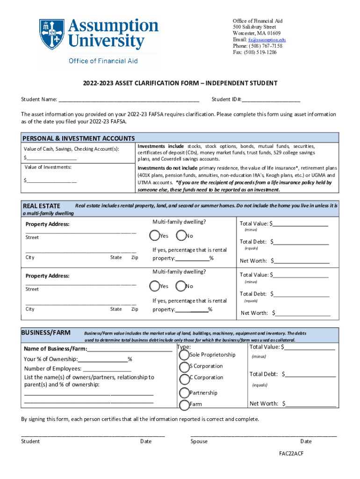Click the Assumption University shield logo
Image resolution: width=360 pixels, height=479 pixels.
51,35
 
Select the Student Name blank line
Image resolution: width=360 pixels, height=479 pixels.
129,100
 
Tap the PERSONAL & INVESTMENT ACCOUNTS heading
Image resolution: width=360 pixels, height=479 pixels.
79,138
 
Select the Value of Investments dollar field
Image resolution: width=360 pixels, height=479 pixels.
51,181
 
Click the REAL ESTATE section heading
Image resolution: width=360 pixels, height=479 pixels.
42,206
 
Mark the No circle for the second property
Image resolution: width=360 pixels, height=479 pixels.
180,286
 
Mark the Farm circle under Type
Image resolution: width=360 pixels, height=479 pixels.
183,404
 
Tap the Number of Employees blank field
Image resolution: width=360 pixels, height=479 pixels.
104,369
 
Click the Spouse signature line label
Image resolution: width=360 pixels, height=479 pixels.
199,442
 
